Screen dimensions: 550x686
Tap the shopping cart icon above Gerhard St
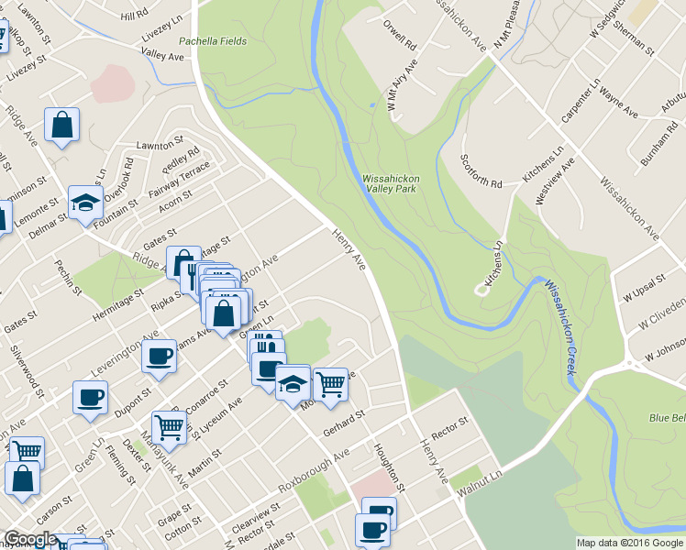point(330,383)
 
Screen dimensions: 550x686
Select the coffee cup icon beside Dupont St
point(160,356)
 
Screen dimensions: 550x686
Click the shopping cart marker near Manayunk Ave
point(169,426)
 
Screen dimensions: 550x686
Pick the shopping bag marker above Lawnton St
point(61,125)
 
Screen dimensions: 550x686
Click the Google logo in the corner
point(29,539)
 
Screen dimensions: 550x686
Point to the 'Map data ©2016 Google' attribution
point(630,543)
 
